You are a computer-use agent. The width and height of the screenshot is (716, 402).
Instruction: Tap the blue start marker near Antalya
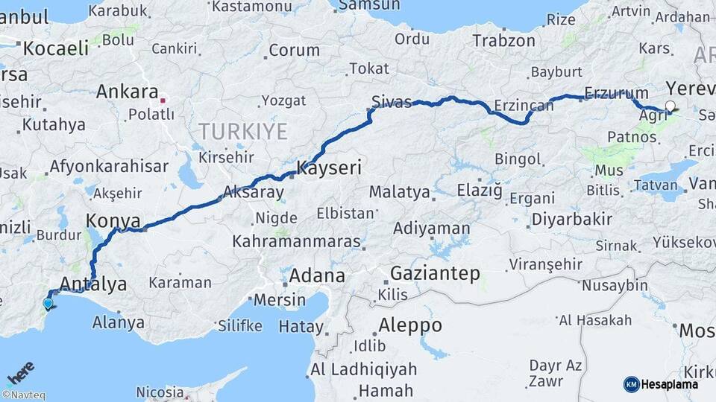tap(48, 303)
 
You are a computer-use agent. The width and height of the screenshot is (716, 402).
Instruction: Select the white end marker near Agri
tap(670, 106)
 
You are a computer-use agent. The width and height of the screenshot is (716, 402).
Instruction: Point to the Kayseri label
tap(329, 168)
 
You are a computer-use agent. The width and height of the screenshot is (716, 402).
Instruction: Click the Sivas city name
tap(392, 102)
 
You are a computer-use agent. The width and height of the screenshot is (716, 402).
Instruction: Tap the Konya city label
tap(113, 220)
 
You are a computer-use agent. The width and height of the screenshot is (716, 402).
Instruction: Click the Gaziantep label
tap(435, 273)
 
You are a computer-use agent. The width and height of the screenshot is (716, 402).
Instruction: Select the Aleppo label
tap(409, 325)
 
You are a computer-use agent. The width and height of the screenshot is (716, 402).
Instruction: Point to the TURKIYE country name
tap(242, 132)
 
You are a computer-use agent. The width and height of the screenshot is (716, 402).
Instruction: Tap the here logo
tap(21, 371)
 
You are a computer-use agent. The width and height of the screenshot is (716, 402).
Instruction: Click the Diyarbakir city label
tap(571, 220)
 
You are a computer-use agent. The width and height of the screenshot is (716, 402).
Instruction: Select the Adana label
tap(316, 275)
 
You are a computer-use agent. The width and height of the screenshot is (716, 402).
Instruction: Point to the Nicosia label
tap(160, 392)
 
